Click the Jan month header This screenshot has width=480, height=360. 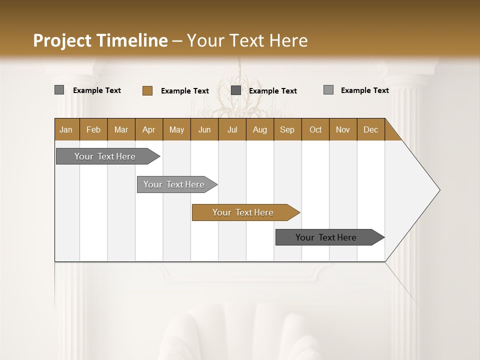66,129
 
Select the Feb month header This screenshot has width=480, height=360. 93,129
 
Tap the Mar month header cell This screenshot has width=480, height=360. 121,129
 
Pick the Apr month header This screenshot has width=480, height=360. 149,129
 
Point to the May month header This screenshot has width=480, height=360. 176,129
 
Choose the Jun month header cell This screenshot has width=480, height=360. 204,129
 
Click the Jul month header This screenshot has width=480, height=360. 232,129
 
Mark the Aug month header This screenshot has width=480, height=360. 260,129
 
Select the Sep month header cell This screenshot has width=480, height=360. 287,129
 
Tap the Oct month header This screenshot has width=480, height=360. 315,129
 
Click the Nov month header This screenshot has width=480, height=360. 343,129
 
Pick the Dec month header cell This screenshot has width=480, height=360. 371,129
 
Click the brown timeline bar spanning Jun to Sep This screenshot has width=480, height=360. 243,212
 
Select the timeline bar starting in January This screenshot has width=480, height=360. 105,156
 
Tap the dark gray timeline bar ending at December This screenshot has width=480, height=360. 326,237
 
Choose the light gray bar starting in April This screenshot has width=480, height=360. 174,184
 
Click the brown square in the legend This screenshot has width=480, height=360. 147,90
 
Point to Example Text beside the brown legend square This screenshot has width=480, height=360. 185,91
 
